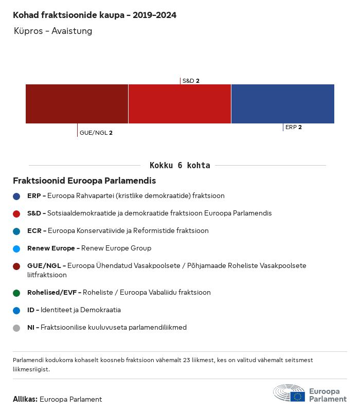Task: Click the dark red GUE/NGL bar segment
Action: click(77, 104)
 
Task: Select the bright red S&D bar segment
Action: click(179, 104)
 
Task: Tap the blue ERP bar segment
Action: click(283, 104)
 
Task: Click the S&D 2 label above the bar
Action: click(191, 81)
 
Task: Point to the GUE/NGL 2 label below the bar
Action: click(96, 133)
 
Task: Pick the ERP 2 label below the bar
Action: click(294, 127)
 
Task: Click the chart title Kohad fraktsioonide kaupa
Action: click(95, 15)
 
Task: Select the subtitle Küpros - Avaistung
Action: click(53, 31)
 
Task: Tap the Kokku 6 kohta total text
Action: click(179, 166)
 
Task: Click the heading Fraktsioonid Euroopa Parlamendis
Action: click(84, 181)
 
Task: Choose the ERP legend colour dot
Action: click(16, 196)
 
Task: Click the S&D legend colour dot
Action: click(16, 213)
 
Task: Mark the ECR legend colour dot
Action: click(16, 231)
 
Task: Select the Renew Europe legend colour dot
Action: click(16, 248)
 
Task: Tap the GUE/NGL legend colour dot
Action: click(16, 266)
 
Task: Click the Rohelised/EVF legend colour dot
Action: click(16, 293)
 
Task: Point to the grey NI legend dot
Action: click(16, 328)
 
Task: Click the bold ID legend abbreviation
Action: click(31, 310)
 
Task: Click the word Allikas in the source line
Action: click(25, 399)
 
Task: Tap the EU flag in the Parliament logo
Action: click(297, 397)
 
